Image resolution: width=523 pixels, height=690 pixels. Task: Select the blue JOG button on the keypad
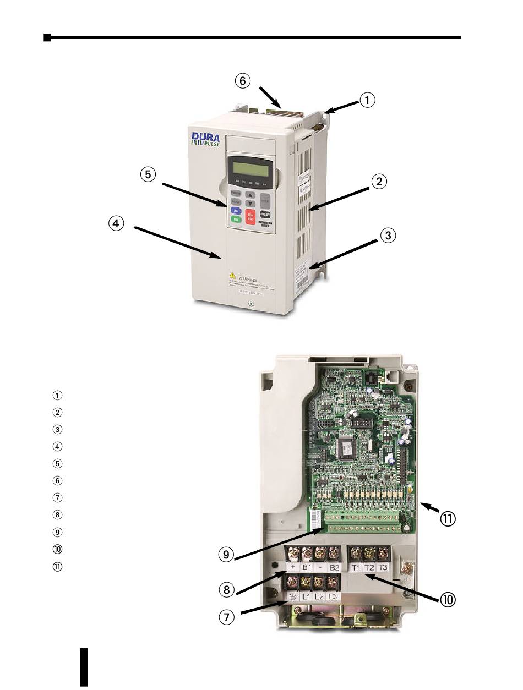pos(236,210)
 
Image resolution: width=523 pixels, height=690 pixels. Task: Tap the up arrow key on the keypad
pos(250,195)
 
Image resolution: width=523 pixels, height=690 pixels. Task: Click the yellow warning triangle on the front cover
pos(233,275)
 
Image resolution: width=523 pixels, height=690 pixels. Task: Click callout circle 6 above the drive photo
pos(242,81)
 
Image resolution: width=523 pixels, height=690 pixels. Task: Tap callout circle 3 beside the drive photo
pos(388,236)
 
